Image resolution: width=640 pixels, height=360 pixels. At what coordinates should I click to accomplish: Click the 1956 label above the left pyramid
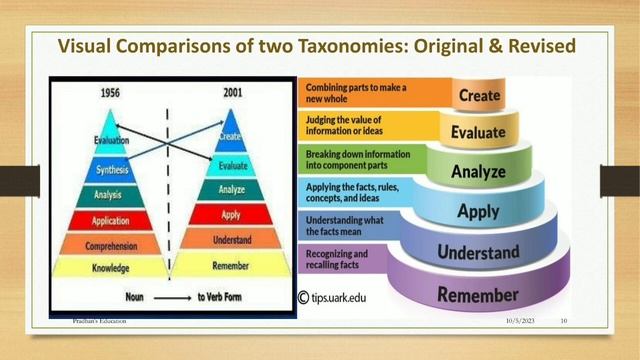click(112, 95)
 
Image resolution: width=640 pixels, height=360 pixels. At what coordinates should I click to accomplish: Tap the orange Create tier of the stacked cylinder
click(479, 97)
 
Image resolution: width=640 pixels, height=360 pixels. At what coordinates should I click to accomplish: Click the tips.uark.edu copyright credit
click(345, 297)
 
